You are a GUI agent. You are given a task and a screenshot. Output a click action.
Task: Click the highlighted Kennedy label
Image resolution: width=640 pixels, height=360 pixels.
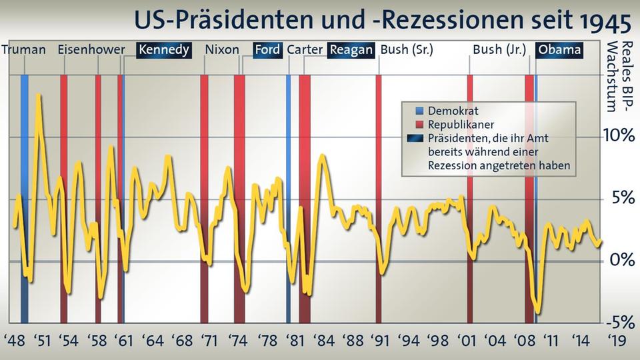pos(164,50)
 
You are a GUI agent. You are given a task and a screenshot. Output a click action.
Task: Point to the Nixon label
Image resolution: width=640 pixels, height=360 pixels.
pos(222,50)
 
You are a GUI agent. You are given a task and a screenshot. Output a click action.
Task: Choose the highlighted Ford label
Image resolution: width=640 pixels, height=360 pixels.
pos(267,50)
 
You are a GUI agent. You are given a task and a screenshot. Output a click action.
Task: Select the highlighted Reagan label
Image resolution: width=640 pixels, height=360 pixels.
pos(351,50)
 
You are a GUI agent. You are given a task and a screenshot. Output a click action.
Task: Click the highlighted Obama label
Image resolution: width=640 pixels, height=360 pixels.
pos(559,50)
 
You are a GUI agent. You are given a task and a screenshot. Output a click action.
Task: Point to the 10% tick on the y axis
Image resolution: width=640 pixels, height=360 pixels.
pos(617,135)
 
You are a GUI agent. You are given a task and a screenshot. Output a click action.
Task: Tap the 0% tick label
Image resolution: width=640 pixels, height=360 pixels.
pos(619,260)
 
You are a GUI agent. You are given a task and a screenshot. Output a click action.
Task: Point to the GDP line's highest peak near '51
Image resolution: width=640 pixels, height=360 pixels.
pos(39,95)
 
